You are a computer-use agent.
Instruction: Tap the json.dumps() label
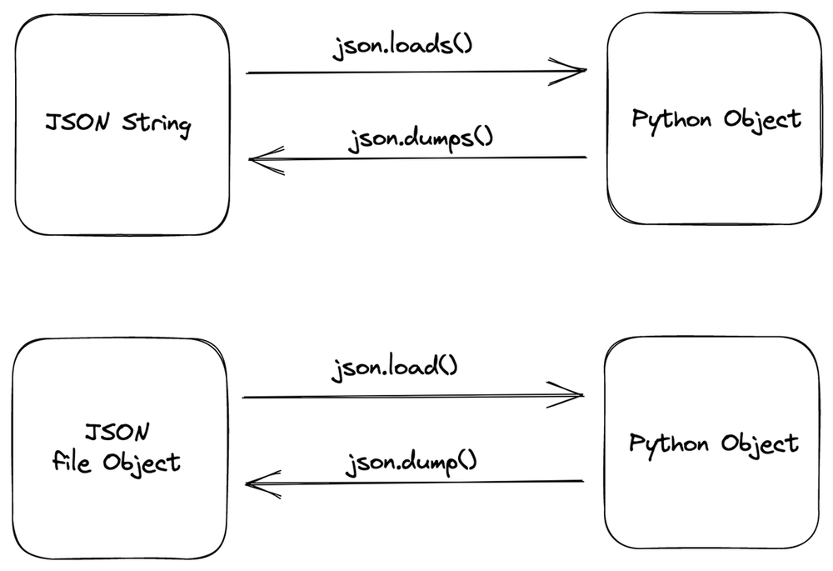pyautogui.click(x=420, y=136)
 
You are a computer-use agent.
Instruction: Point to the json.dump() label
pyautogui.click(x=411, y=461)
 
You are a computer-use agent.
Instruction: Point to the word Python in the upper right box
pyautogui.click(x=671, y=119)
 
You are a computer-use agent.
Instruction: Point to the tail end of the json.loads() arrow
pyautogui.click(x=249, y=73)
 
